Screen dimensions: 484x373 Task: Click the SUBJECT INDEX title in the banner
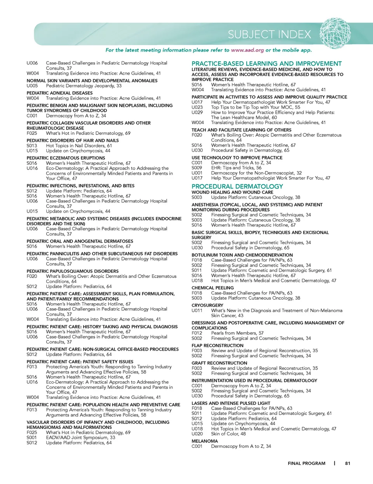point(269,35)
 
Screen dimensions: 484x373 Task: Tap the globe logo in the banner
point(335,33)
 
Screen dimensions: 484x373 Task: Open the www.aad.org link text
point(247,50)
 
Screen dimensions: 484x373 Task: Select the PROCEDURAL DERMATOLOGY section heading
point(237,187)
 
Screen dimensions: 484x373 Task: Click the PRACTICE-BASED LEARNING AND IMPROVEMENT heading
point(267,64)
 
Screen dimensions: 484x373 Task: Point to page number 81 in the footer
point(347,463)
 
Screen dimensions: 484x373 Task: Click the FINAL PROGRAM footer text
point(307,463)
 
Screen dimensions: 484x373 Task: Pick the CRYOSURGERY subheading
point(207,306)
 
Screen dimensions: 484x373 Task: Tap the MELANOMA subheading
point(204,441)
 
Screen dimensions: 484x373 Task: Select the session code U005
point(32,86)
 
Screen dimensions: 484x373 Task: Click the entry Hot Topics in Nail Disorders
point(79,146)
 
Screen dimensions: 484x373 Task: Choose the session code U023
point(197,107)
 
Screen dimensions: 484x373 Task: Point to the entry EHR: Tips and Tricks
point(236,168)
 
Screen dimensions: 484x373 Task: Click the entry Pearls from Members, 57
point(237,333)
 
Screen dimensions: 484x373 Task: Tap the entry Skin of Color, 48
point(228,434)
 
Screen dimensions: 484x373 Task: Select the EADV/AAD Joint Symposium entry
point(80,437)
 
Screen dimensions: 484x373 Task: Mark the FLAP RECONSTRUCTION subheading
point(217,346)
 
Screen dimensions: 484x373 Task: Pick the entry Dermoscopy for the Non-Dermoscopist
point(256,173)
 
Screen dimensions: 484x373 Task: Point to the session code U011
point(197,311)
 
